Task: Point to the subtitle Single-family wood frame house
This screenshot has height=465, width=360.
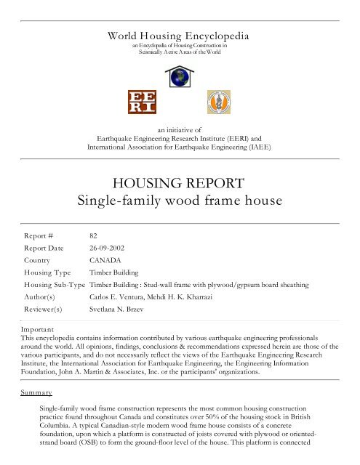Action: click(179, 201)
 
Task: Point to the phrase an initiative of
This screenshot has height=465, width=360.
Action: click(179, 128)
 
